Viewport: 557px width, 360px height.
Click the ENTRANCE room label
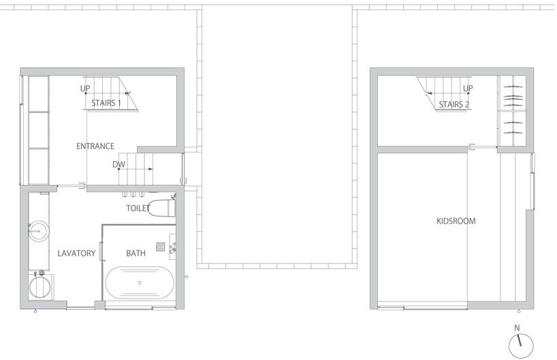tap(95, 146)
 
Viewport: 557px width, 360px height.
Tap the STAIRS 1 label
tap(106, 103)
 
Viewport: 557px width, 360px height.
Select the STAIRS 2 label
tap(453, 105)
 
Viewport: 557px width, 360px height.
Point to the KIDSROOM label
tap(456, 221)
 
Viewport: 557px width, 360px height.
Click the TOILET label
tap(138, 208)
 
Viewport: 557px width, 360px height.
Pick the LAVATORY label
tap(76, 253)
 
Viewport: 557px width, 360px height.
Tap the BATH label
tap(136, 253)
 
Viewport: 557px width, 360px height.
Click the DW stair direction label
tap(118, 165)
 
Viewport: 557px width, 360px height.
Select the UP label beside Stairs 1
tap(85, 88)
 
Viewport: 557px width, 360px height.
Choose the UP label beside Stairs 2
tap(468, 88)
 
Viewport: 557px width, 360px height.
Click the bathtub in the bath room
tap(140, 283)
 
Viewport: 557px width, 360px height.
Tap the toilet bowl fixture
tap(161, 208)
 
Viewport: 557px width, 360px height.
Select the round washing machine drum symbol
tap(39, 287)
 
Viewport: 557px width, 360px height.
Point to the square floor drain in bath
tap(161, 246)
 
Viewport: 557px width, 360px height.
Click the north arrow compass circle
tap(521, 346)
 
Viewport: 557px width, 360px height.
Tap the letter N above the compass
tap(518, 328)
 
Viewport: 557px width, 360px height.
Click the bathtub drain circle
tap(140, 283)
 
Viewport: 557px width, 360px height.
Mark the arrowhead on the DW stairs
tap(150, 169)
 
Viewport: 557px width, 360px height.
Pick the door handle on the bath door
tap(101, 251)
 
